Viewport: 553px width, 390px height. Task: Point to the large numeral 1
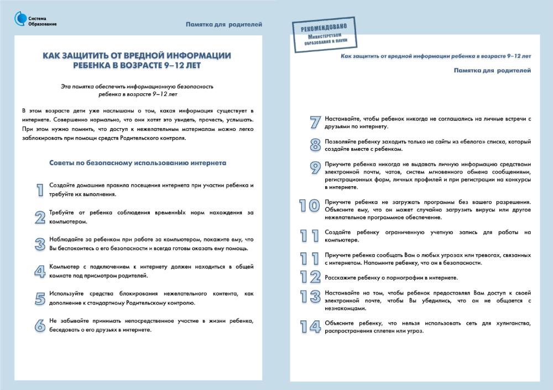coord(40,189)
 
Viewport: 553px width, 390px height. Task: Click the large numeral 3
coord(40,244)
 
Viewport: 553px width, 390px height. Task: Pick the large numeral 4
coord(40,271)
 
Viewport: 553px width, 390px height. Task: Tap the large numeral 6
coord(40,325)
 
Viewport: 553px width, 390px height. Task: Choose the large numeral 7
coord(315,123)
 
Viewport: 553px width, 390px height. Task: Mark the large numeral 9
coord(315,168)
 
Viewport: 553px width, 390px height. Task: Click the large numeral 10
coord(310,206)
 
